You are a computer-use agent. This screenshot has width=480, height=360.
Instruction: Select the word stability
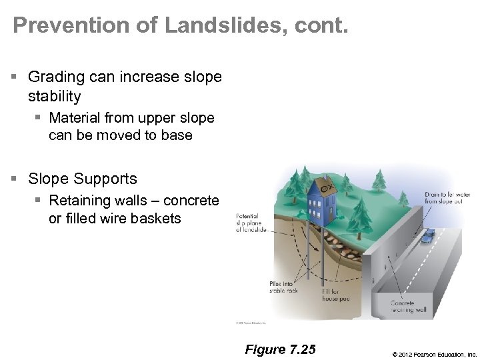pos(55,97)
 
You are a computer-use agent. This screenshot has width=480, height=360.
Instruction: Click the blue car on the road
pos(427,236)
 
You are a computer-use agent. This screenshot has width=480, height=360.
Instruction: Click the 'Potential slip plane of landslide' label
pos(252,223)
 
